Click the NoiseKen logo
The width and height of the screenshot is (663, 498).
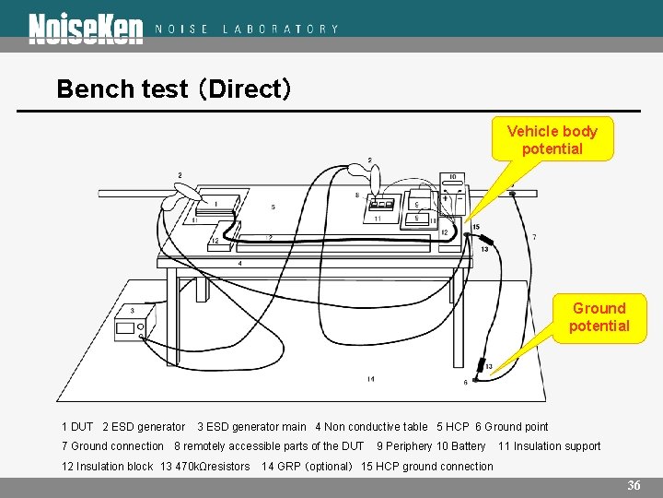tap(86, 29)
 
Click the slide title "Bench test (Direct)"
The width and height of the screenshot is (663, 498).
tap(174, 89)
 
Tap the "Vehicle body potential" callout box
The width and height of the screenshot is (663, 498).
tap(552, 140)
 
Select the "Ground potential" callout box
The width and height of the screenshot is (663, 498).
tap(599, 317)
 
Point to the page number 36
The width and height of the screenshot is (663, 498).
tap(634, 485)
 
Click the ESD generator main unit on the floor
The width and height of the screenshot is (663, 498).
tap(134, 325)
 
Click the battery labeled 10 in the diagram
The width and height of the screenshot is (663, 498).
tap(452, 197)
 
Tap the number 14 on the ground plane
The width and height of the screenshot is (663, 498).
tap(370, 379)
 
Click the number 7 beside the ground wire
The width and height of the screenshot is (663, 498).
tap(534, 237)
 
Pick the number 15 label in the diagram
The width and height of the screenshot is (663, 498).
tap(475, 227)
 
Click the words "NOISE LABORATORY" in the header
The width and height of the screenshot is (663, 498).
tap(247, 29)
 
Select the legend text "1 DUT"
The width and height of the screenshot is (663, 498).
tap(77, 426)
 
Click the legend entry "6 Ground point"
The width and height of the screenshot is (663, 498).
tap(511, 426)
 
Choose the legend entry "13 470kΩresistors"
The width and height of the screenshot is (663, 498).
tap(204, 467)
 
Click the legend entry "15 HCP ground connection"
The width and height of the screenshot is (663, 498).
tap(427, 467)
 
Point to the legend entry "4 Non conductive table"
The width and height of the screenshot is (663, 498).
tap(371, 426)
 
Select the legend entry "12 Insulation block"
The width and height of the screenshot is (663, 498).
tap(107, 467)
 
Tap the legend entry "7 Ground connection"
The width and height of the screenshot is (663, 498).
tap(112, 446)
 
